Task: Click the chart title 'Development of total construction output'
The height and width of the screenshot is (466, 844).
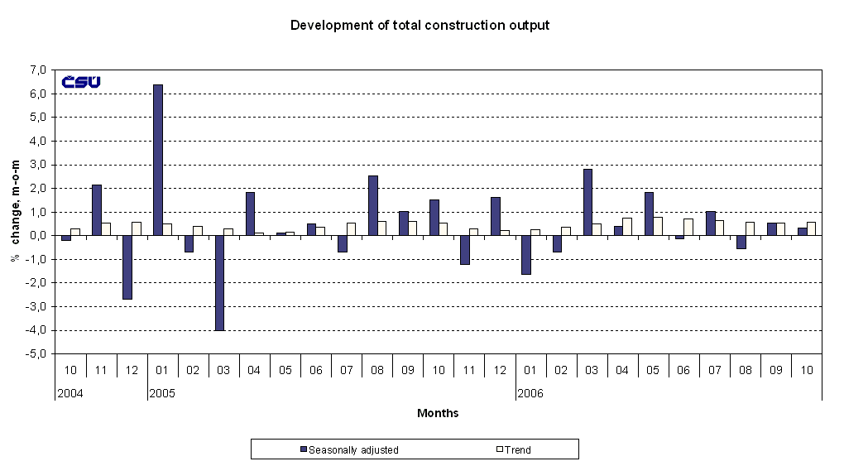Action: point(420,26)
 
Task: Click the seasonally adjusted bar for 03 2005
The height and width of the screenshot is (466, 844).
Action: point(219,282)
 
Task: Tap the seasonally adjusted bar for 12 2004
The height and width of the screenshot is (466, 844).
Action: point(127,267)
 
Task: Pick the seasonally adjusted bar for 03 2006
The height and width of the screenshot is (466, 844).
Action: point(587,202)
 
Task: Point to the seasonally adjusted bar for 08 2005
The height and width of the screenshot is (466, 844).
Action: point(372,205)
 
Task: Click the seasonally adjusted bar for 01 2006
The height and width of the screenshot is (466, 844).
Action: point(525,254)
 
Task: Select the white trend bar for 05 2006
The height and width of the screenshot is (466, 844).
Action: point(658,226)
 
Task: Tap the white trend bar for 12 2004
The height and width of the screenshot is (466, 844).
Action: point(137,228)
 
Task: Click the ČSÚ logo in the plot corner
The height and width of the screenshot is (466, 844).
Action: point(81,81)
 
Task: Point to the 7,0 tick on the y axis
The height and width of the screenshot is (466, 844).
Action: point(38,70)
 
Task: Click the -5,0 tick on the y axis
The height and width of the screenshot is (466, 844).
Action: point(38,354)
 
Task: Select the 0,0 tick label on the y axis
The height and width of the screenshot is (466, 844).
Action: point(38,236)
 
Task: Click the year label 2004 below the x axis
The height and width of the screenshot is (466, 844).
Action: point(70,393)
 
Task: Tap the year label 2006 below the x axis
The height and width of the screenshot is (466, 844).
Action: point(530,393)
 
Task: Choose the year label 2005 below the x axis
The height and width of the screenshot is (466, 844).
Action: point(161,393)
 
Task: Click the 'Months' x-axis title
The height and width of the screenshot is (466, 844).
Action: point(438,413)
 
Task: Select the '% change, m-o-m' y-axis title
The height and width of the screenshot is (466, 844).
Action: point(14,211)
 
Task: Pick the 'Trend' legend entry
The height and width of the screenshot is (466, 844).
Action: point(517,450)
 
